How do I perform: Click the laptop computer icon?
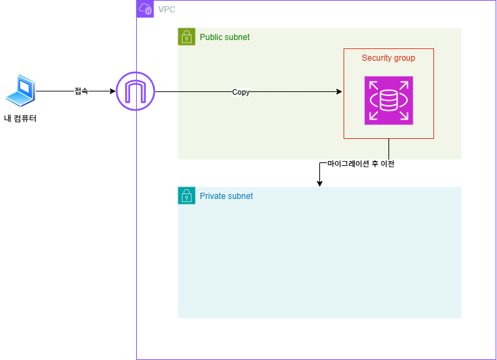[x=20, y=91]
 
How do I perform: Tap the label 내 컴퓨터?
[x=20, y=119]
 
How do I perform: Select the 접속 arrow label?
[x=81, y=91]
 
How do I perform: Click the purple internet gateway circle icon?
[x=135, y=91]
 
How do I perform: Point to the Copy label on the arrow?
[x=241, y=92]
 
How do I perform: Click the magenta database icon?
[x=388, y=100]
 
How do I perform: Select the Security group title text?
[x=388, y=58]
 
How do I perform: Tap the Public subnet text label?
[x=225, y=37]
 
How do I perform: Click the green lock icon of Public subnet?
[x=187, y=37]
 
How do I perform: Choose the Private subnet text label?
[x=226, y=196]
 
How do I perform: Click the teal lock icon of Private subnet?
[x=187, y=196]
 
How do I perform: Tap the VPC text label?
[x=167, y=10]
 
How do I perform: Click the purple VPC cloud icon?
[x=145, y=9]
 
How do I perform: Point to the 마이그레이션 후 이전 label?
[x=361, y=164]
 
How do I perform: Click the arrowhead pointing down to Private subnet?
[x=319, y=184]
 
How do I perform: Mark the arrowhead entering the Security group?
[x=339, y=92]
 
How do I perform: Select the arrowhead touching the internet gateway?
[x=113, y=91]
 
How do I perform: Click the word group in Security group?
[x=404, y=58]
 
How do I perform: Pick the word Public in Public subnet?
[x=211, y=37]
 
